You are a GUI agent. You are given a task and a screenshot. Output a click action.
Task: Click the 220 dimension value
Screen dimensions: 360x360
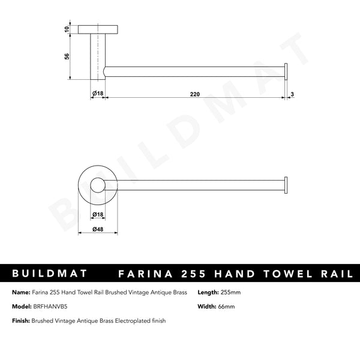click(195, 94)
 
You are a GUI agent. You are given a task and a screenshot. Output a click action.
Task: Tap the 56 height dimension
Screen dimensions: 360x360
click(67, 56)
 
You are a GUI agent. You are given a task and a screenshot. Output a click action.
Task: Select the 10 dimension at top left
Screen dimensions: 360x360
click(67, 28)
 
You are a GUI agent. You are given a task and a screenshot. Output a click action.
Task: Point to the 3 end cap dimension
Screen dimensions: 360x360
click(292, 94)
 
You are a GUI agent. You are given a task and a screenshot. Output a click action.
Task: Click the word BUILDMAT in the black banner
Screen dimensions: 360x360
click(50, 274)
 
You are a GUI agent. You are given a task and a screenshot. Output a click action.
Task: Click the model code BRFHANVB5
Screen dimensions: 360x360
click(48, 307)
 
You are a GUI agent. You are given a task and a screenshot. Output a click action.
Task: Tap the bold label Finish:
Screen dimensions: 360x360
click(21, 321)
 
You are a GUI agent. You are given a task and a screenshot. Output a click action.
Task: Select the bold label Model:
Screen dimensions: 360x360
click(22, 307)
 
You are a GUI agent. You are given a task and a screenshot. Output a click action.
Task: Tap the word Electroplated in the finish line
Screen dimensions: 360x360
click(130, 321)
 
